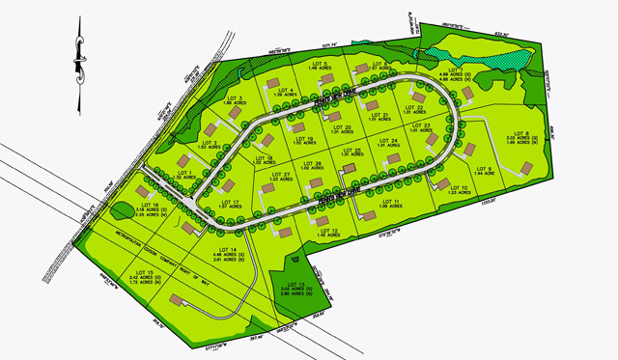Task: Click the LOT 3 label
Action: point(233,98)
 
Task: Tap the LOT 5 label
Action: point(320,64)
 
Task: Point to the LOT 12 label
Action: point(327,229)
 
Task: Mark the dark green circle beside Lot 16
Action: point(121,209)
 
